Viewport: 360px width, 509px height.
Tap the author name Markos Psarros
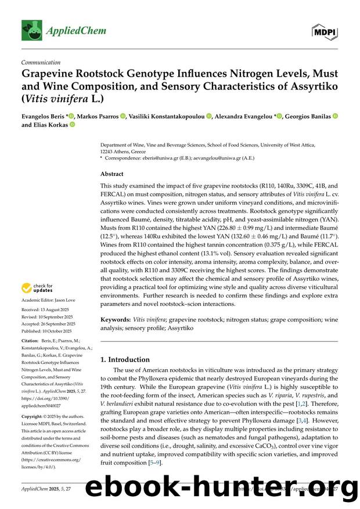[x=99, y=116]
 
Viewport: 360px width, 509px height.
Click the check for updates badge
[x=38, y=288]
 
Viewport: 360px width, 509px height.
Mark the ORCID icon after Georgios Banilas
[x=334, y=116]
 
